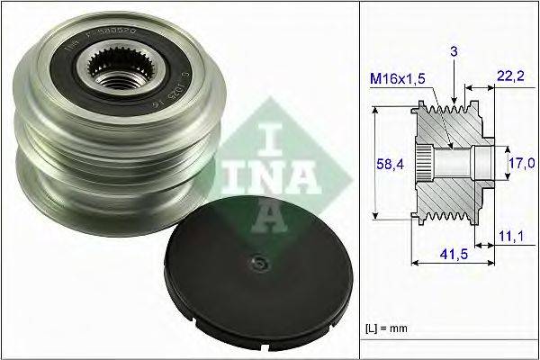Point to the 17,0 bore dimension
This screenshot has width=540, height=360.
[524, 164]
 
